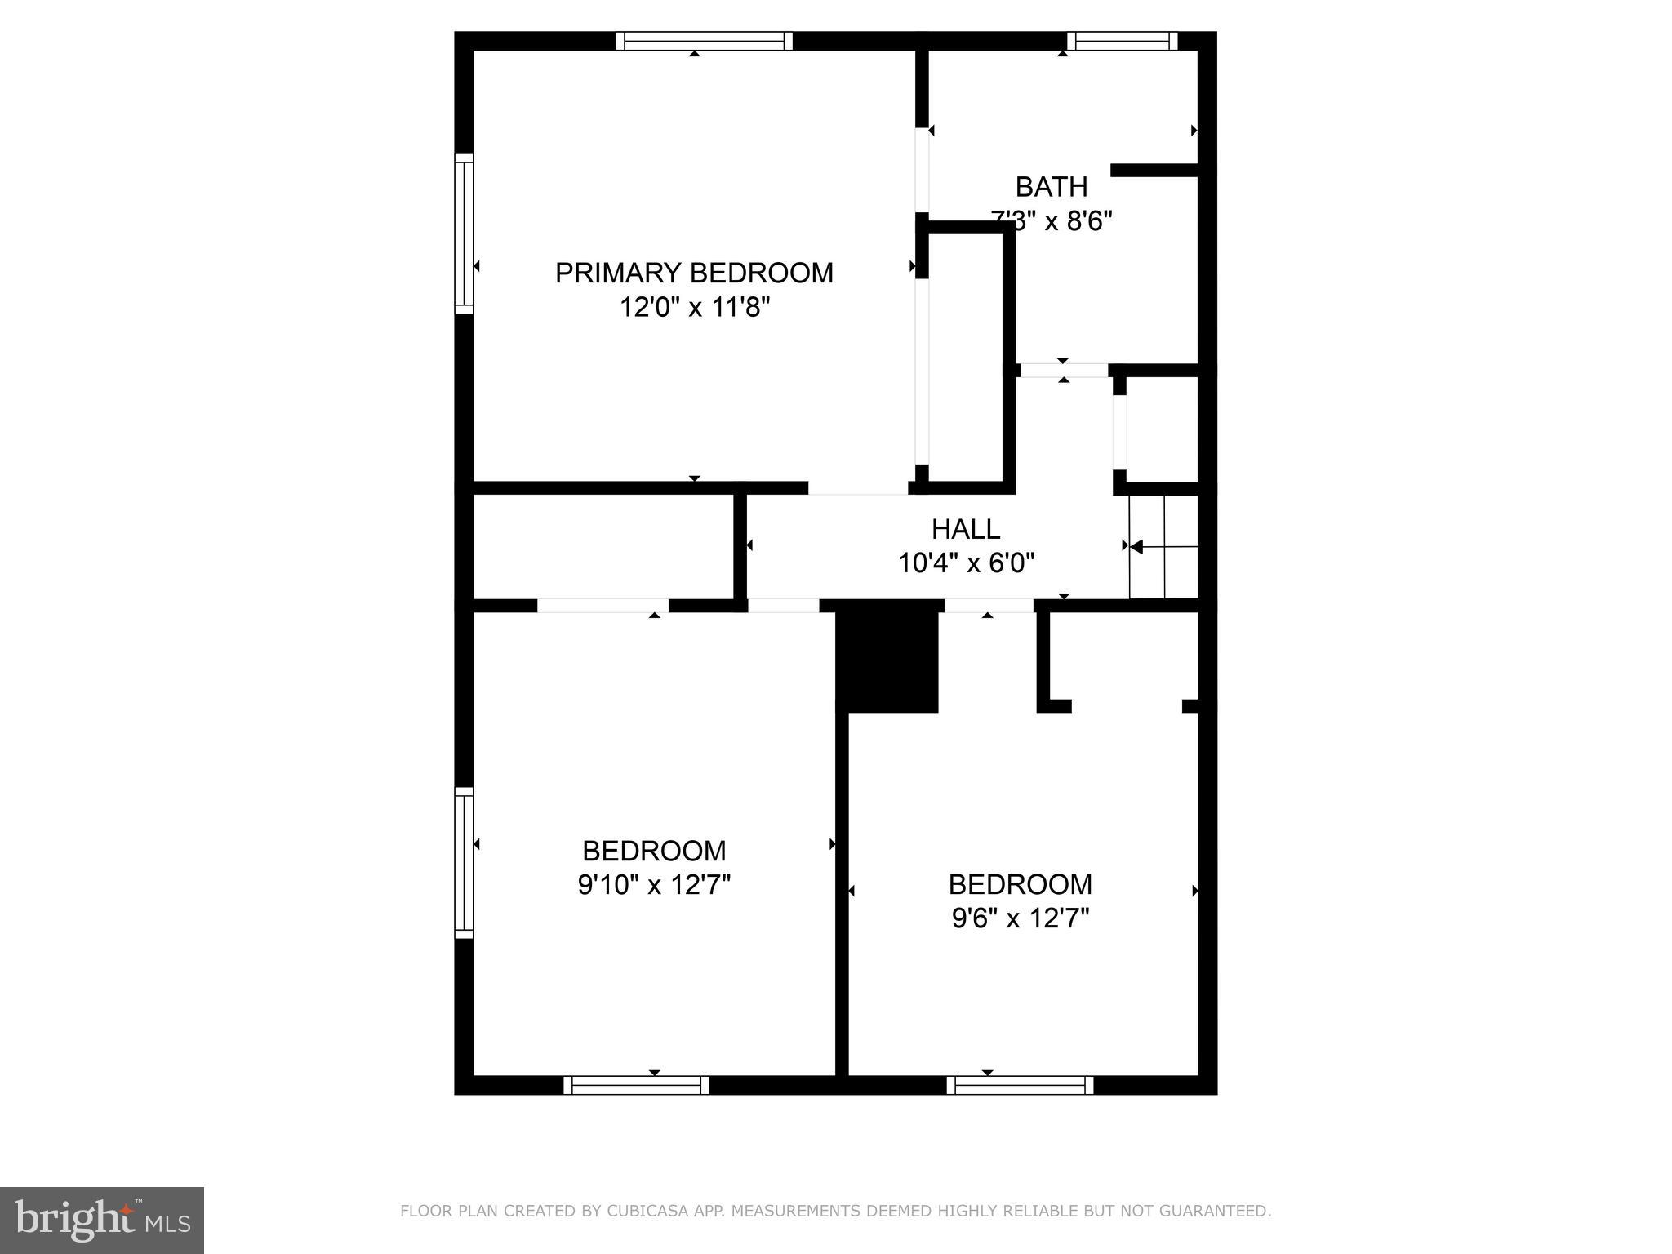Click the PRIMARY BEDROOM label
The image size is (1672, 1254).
[x=694, y=273]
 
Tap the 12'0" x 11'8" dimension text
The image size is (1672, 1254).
[x=694, y=308]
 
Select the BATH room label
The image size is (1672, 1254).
[x=1051, y=187]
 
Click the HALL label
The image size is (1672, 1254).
[x=966, y=529]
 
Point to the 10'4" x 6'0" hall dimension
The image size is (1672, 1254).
[x=966, y=563]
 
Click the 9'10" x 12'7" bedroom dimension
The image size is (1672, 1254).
[x=654, y=885]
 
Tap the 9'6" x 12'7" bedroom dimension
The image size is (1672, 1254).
[x=1021, y=919]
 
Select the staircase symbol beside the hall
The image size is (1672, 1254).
[x=1163, y=546]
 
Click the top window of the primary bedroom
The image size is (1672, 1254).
[x=704, y=41]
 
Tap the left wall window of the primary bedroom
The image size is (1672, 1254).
[x=464, y=233]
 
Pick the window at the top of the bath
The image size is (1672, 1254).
[x=1122, y=41]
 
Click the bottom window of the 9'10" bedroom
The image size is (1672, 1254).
[x=636, y=1085]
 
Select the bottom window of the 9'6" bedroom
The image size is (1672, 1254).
[x=1020, y=1085]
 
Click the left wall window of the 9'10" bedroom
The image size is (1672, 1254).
[x=464, y=863]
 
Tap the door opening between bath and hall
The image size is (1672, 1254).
[x=1064, y=371]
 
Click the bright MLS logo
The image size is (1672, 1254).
[x=102, y=1220]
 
